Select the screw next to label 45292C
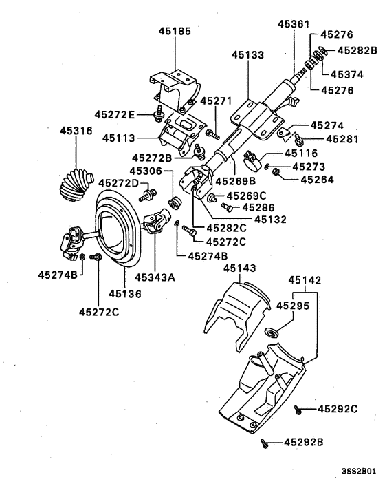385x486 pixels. (x=298, y=410)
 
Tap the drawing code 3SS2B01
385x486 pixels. (x=359, y=473)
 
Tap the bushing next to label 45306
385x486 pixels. (x=174, y=202)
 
